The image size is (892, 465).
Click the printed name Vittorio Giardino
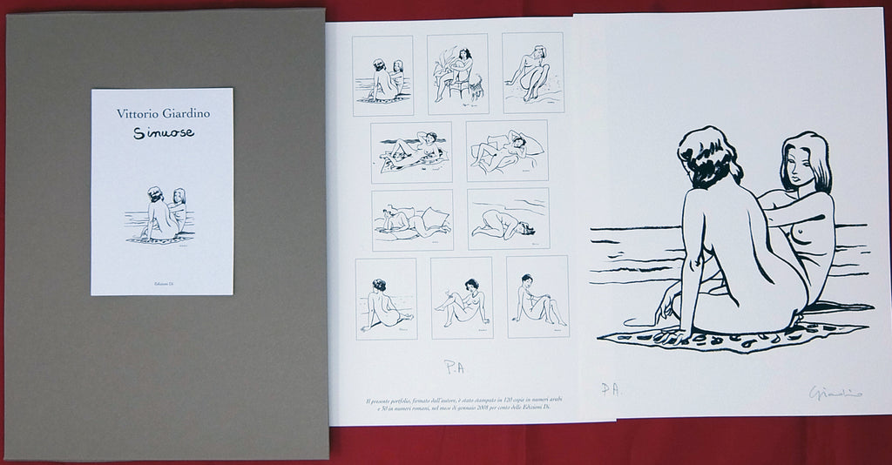click(x=161, y=112)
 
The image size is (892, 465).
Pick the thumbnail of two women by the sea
click(x=383, y=75)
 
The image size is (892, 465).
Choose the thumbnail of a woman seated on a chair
click(x=459, y=74)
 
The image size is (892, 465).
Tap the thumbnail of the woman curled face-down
click(x=508, y=219)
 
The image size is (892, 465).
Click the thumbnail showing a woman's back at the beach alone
click(x=386, y=298)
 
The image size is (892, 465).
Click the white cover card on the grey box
click(x=161, y=191)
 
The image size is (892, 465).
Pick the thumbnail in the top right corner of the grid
click(x=533, y=72)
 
